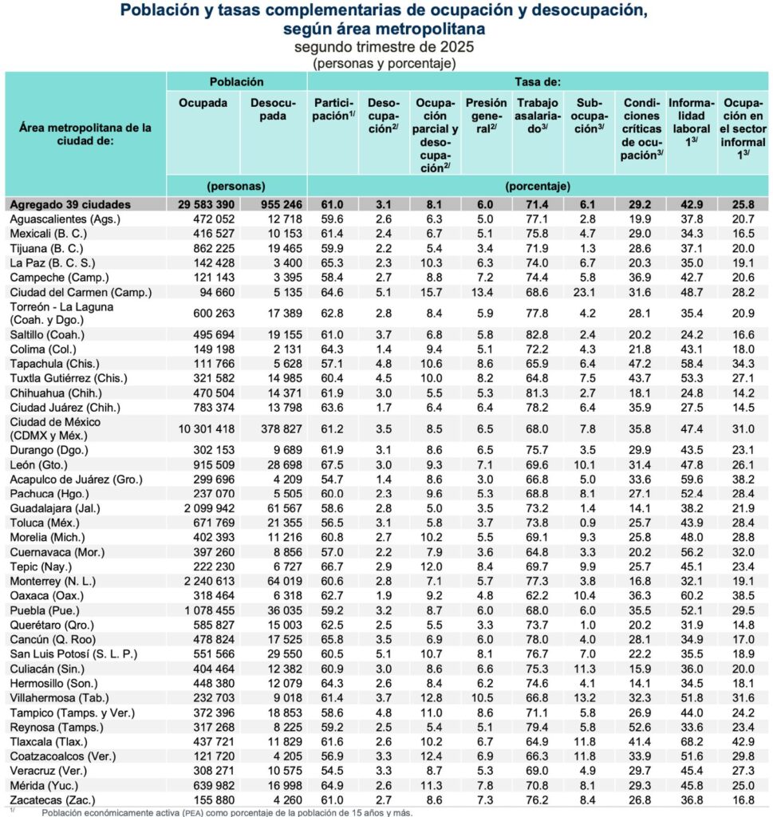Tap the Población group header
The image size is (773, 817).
(236, 81)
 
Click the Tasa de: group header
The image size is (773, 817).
(538, 81)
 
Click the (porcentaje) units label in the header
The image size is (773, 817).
(538, 187)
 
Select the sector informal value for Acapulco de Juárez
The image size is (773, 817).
(743, 479)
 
